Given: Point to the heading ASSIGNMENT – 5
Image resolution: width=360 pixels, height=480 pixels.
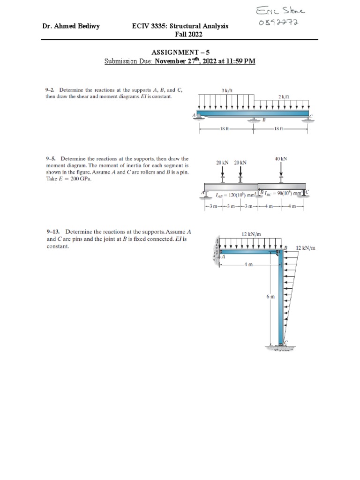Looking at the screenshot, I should [x=180, y=53].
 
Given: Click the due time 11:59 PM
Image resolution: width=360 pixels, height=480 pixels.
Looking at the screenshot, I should [x=237, y=61].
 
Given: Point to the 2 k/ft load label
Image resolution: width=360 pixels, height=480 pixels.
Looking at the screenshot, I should [x=284, y=97].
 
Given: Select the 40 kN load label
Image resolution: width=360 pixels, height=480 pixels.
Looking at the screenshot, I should [x=281, y=159].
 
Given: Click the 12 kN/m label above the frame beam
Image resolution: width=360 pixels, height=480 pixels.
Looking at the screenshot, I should [x=251, y=233].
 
